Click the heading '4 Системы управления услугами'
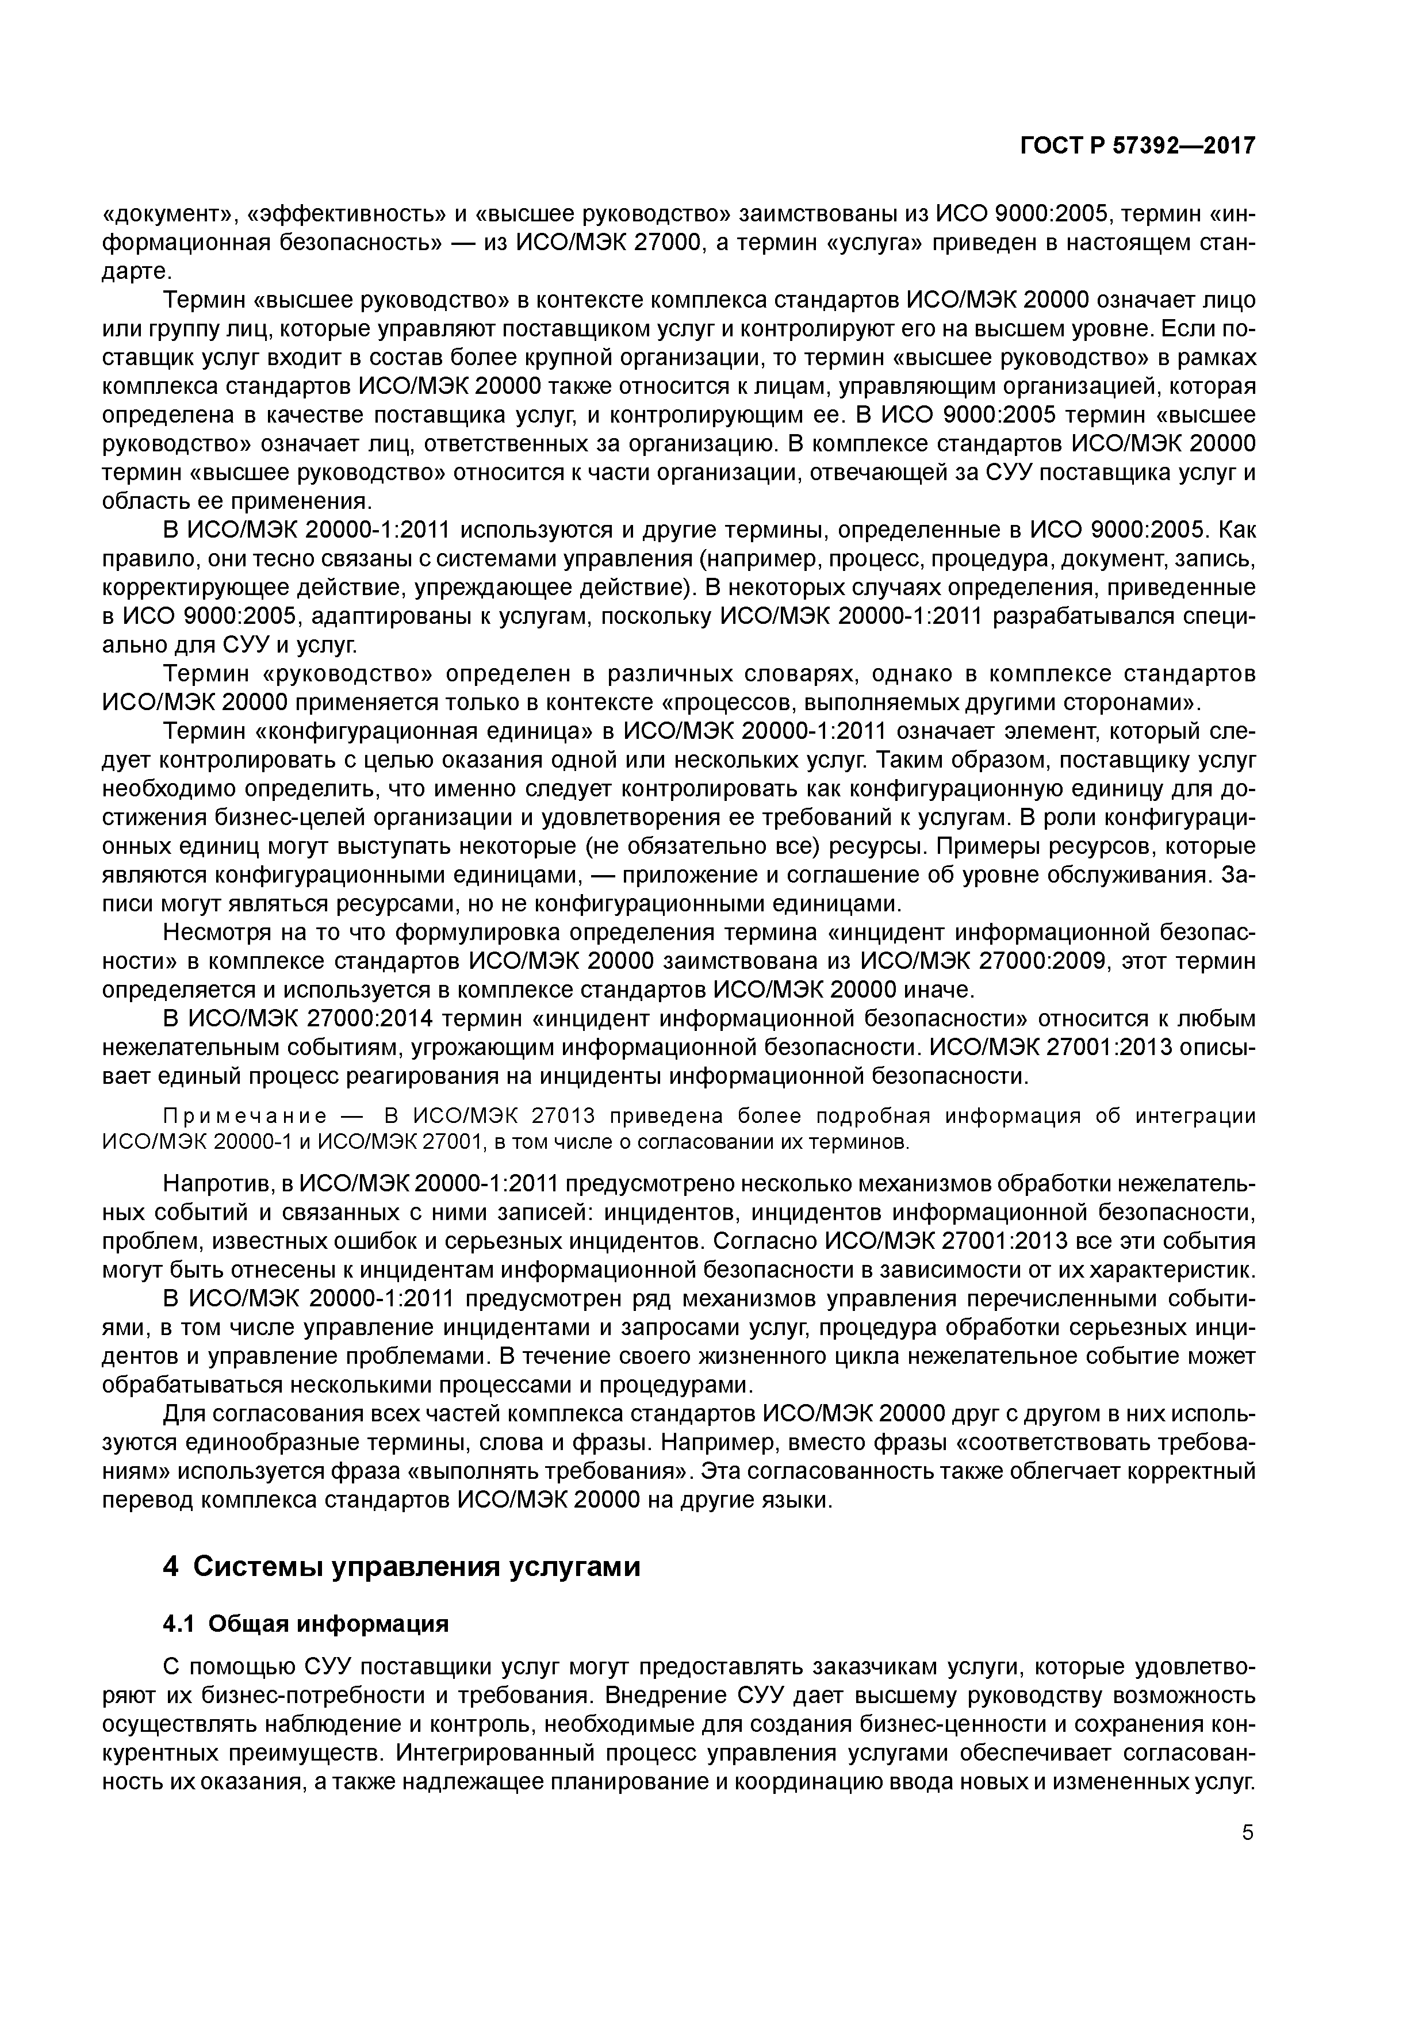click(401, 1566)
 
